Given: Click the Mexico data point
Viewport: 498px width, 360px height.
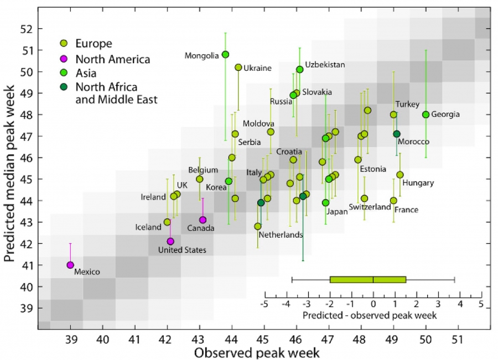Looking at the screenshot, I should tap(70, 265).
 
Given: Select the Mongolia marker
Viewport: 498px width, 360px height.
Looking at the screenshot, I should tap(225, 54).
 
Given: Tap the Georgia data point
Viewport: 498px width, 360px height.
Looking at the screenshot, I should tap(426, 114).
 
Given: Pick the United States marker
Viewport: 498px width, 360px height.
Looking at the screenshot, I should tap(170, 241).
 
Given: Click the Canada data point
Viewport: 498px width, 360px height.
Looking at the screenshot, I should tap(203, 220).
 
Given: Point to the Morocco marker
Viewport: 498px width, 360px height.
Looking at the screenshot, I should tap(397, 134).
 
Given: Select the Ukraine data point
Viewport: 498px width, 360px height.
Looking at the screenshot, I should tap(238, 67).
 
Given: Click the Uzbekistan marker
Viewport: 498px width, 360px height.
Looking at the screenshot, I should tap(300, 69).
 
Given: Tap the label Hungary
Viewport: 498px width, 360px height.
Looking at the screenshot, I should tap(418, 183).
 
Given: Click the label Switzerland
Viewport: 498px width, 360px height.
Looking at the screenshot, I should tap(370, 207).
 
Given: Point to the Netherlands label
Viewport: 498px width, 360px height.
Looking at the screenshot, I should tap(280, 234).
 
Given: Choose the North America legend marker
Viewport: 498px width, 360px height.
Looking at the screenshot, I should tap(64, 59).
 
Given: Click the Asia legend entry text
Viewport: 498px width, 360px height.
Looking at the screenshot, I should tap(86, 72).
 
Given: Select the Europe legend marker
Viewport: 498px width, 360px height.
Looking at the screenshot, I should tap(64, 44).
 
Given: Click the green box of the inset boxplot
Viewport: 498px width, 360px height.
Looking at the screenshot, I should tap(368, 279).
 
